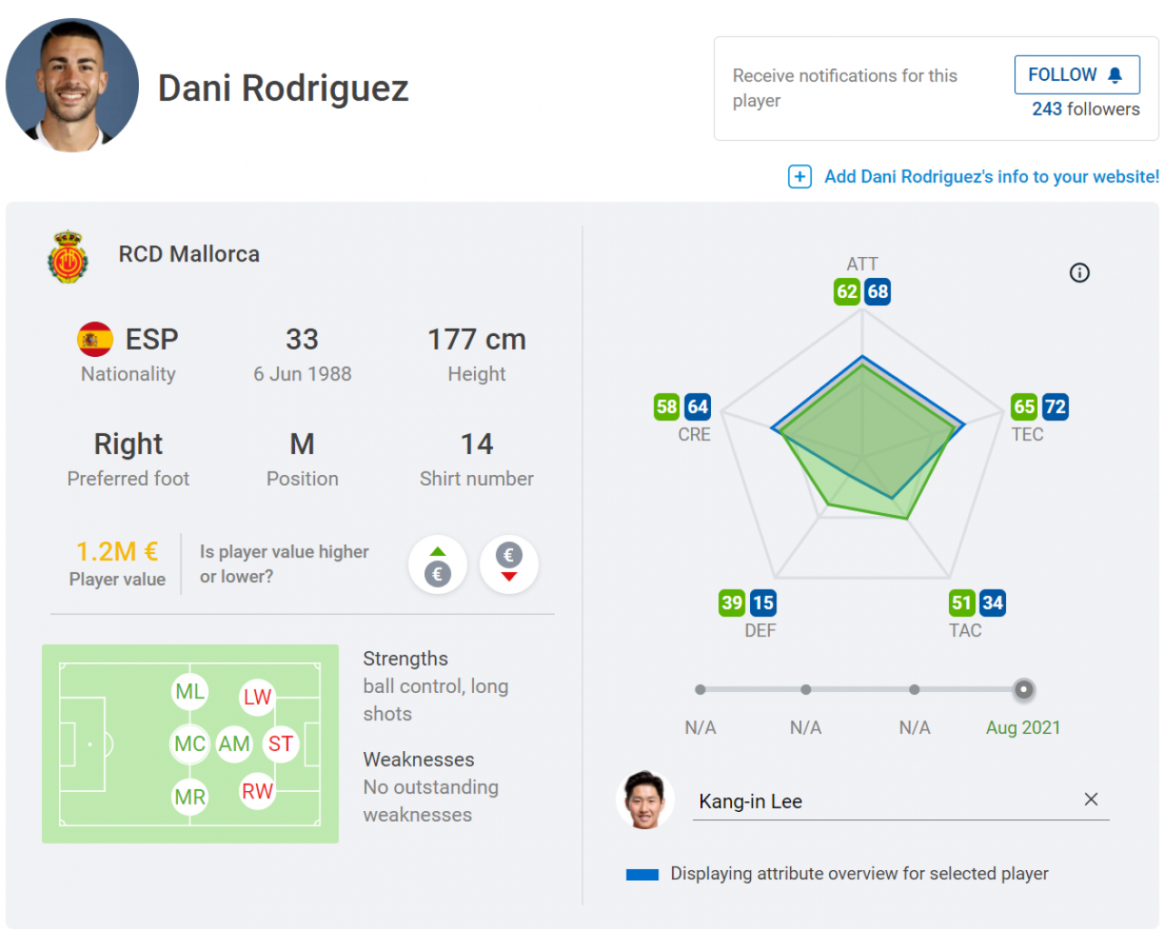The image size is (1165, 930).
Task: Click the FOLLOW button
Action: [x=1076, y=75]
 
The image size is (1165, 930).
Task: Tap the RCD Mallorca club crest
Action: [x=68, y=257]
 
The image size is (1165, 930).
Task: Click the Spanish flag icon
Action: [x=95, y=340]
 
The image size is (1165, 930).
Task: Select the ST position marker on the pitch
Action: [x=281, y=745]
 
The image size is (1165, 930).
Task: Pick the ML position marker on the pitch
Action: [x=190, y=692]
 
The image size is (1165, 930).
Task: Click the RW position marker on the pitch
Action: [x=257, y=791]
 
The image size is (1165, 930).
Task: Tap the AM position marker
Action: [x=234, y=745]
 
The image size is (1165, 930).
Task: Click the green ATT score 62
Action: [x=847, y=292]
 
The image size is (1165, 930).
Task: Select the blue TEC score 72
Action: [x=1054, y=407]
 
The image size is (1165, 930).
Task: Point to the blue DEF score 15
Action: [x=763, y=603]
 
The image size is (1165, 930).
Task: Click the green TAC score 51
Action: [x=962, y=603]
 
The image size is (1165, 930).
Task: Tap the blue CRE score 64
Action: [x=697, y=407]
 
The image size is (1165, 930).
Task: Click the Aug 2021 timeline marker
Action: [x=1023, y=690]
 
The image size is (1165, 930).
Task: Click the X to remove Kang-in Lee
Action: [x=1091, y=799]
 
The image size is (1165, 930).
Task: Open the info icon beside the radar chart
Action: [x=1080, y=272]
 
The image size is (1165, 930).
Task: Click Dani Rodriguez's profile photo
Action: [x=73, y=85]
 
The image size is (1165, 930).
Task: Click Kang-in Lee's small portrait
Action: [x=645, y=800]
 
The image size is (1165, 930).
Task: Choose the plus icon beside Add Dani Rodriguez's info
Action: [x=799, y=176]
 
